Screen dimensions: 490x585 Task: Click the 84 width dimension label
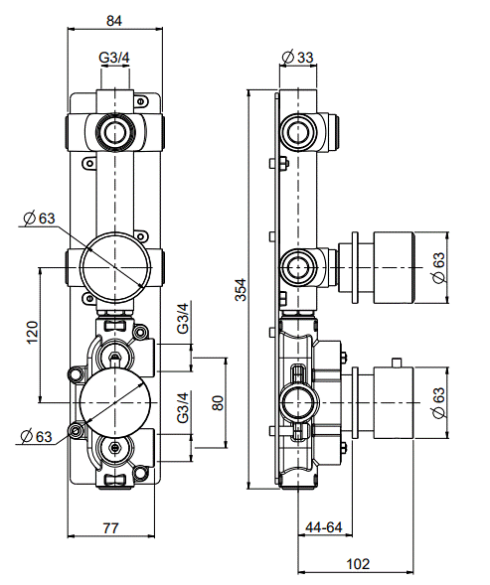pyautogui.click(x=114, y=21)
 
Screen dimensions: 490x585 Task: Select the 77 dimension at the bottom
pyautogui.click(x=111, y=528)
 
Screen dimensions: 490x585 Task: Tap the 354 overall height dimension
pyautogui.click(x=241, y=289)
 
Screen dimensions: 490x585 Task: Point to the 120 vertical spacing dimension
pyautogui.click(x=33, y=332)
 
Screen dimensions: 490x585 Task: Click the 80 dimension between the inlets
pyautogui.click(x=218, y=403)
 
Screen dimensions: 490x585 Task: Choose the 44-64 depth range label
pyautogui.click(x=324, y=527)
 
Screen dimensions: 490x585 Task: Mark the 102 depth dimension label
pyautogui.click(x=358, y=564)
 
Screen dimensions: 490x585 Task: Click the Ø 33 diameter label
pyautogui.click(x=297, y=57)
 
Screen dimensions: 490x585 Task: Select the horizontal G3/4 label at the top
pyautogui.click(x=114, y=58)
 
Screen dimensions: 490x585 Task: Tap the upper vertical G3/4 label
pyautogui.click(x=183, y=318)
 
